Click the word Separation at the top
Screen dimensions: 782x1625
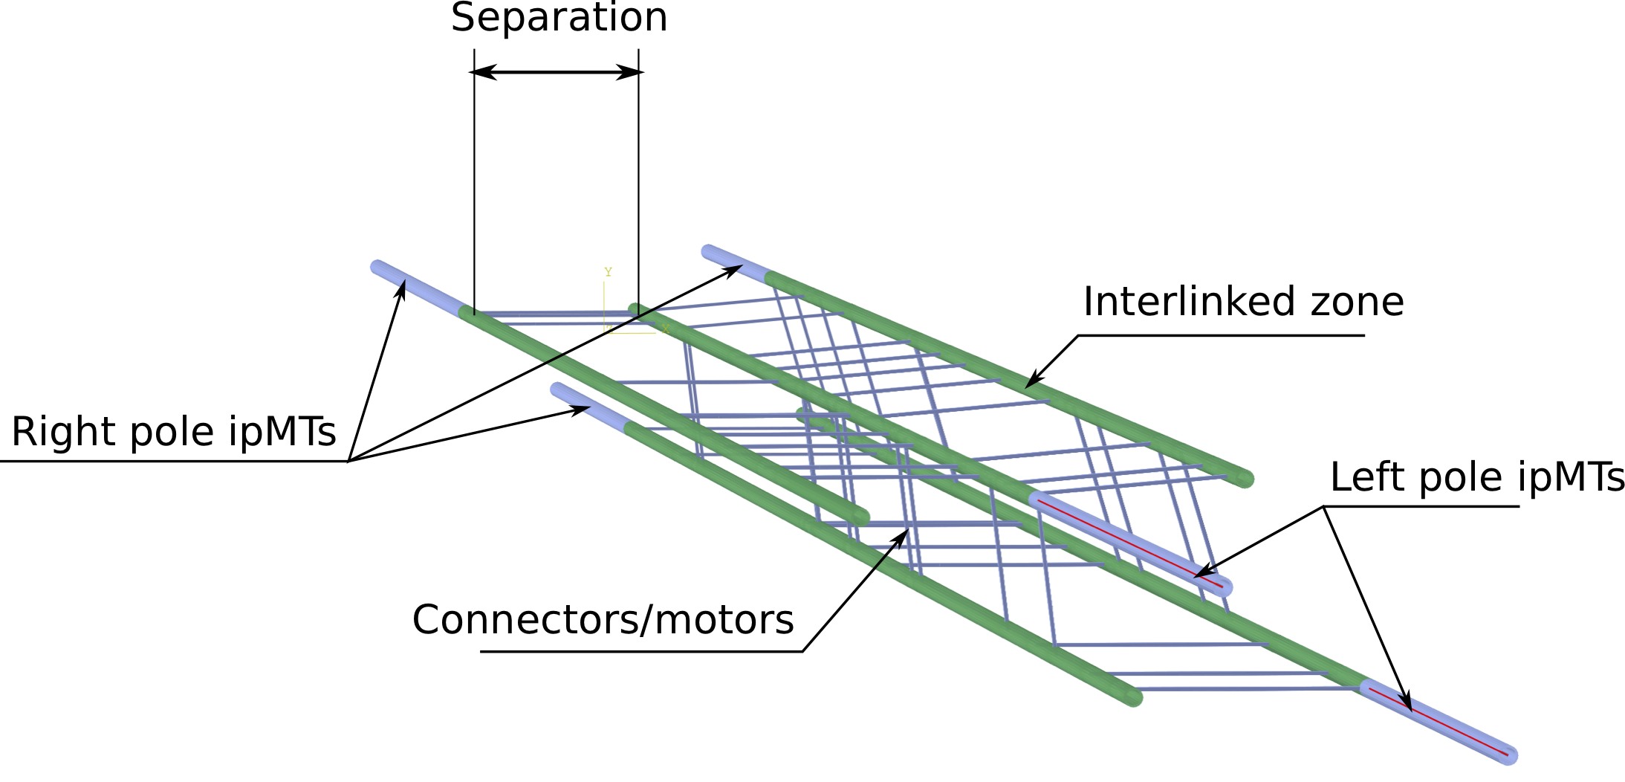tap(559, 18)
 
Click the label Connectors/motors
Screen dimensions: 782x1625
tap(603, 620)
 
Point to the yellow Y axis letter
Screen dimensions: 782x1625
tap(608, 272)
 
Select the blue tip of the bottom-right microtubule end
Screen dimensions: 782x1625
tap(1508, 755)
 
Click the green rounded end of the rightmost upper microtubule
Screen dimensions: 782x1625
tap(1246, 479)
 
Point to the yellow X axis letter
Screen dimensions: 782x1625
tap(665, 329)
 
